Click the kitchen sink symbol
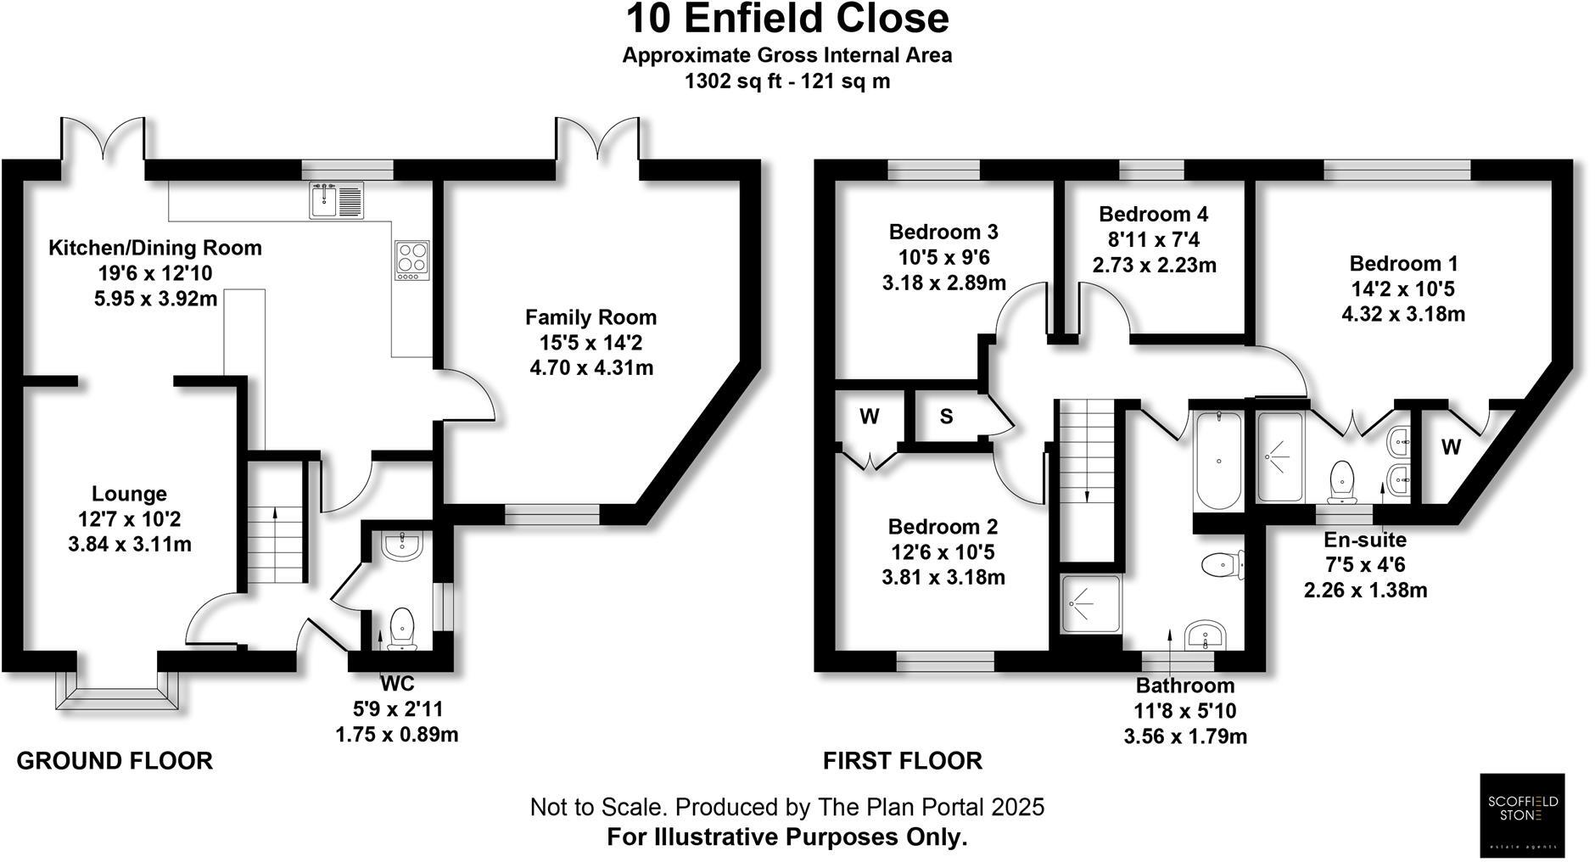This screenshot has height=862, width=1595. click(336, 200)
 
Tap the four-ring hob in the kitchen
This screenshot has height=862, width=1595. click(412, 260)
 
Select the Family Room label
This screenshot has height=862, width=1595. click(590, 317)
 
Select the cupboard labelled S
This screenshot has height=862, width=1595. click(946, 417)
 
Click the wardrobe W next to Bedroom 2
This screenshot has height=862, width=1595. click(869, 417)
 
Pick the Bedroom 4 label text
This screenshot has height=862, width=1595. click(1153, 214)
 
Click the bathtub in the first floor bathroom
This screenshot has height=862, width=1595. click(1217, 461)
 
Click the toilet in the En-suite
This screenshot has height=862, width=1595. click(1342, 479)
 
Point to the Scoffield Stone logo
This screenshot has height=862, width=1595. click(1522, 814)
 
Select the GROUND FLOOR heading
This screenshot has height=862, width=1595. click(115, 761)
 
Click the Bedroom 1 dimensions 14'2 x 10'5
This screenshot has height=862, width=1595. click(1402, 288)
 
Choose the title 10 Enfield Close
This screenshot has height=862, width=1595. click(786, 19)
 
